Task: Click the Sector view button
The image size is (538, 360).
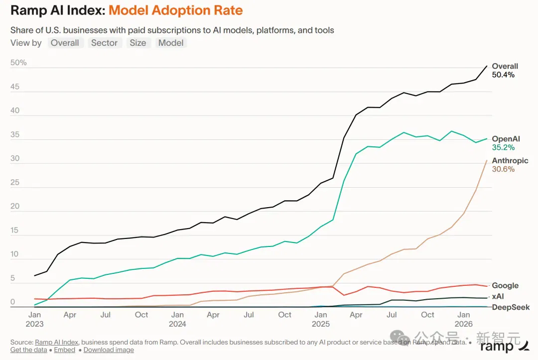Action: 104,43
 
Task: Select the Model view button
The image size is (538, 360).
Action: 171,43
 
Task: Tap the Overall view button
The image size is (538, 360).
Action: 65,43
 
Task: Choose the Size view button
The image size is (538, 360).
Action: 138,43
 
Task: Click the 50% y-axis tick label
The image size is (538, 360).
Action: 18,62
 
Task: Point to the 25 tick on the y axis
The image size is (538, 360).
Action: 15,182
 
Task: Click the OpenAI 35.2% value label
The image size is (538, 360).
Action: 503,147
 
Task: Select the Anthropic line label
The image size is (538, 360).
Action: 510,160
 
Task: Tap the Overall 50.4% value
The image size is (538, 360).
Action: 503,75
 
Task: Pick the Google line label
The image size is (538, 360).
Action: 505,285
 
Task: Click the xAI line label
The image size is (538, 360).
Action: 498,296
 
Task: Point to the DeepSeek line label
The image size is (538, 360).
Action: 511,307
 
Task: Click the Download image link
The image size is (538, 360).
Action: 109,350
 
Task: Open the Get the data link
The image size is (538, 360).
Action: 29,350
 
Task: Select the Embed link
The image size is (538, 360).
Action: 64,350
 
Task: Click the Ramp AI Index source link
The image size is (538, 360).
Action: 57,342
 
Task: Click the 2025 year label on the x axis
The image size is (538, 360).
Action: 321,324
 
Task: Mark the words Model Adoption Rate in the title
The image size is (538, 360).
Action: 176,10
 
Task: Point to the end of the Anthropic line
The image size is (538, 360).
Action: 487,160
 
